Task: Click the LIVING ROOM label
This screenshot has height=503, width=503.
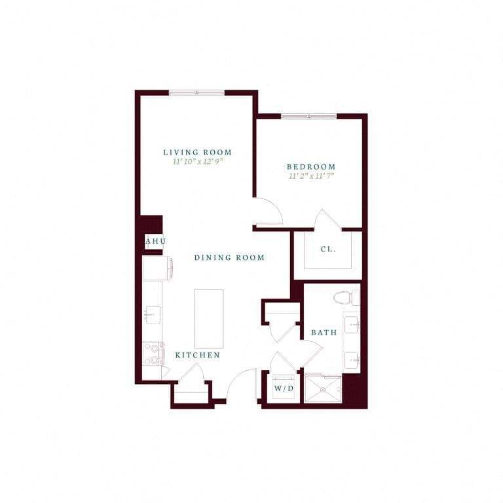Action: click(197, 153)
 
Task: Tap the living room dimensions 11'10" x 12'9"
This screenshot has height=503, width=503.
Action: click(197, 162)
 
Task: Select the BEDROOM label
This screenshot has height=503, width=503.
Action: click(311, 167)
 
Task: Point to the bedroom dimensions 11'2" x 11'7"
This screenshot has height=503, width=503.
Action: click(311, 176)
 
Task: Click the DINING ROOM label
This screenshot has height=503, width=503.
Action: click(229, 258)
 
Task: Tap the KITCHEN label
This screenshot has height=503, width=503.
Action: click(197, 355)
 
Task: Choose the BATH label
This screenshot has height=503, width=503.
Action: click(324, 333)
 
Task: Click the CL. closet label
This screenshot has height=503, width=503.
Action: click(328, 250)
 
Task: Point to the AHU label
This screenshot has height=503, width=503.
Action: click(155, 242)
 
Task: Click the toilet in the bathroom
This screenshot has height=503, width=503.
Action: click(345, 298)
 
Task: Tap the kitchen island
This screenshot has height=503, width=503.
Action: click(208, 318)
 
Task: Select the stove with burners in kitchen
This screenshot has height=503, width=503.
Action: click(153, 354)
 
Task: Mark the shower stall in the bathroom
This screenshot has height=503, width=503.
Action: click(322, 390)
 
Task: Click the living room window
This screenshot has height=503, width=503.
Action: click(196, 93)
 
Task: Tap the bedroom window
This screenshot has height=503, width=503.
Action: click(308, 117)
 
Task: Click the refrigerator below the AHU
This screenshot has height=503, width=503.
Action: click(157, 268)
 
